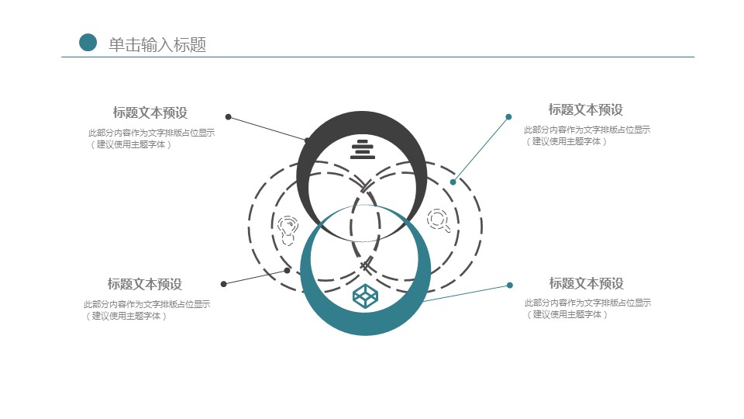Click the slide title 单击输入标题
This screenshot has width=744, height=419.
pyautogui.click(x=157, y=44)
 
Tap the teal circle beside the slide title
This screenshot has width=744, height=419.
pyautogui.click(x=88, y=43)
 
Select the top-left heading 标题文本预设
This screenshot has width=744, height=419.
pyautogui.click(x=150, y=113)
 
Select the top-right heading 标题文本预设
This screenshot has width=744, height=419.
pyautogui.click(x=585, y=110)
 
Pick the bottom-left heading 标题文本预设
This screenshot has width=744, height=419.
pyautogui.click(x=145, y=284)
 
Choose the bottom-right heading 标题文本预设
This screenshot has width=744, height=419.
pyautogui.click(x=586, y=283)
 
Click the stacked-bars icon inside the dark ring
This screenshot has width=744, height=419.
pyautogui.click(x=362, y=148)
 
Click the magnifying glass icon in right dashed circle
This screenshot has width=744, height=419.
pyautogui.click(x=439, y=220)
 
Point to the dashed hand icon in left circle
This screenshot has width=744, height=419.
pyautogui.click(x=288, y=229)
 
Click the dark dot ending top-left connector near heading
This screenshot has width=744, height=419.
pyautogui.click(x=228, y=117)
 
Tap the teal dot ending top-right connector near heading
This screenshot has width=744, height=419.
pyautogui.click(x=508, y=117)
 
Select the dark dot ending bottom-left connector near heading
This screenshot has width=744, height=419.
pyautogui.click(x=223, y=284)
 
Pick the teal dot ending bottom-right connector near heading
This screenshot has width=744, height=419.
pyautogui.click(x=509, y=285)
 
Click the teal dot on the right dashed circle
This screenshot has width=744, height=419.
pyautogui.click(x=453, y=182)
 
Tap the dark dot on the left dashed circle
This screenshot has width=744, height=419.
pyautogui.click(x=287, y=270)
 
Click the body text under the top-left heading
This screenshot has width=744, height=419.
pyautogui.click(x=151, y=138)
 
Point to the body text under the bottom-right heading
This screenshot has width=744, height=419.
pyautogui.click(x=587, y=308)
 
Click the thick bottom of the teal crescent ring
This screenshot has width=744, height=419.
pyautogui.click(x=365, y=326)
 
